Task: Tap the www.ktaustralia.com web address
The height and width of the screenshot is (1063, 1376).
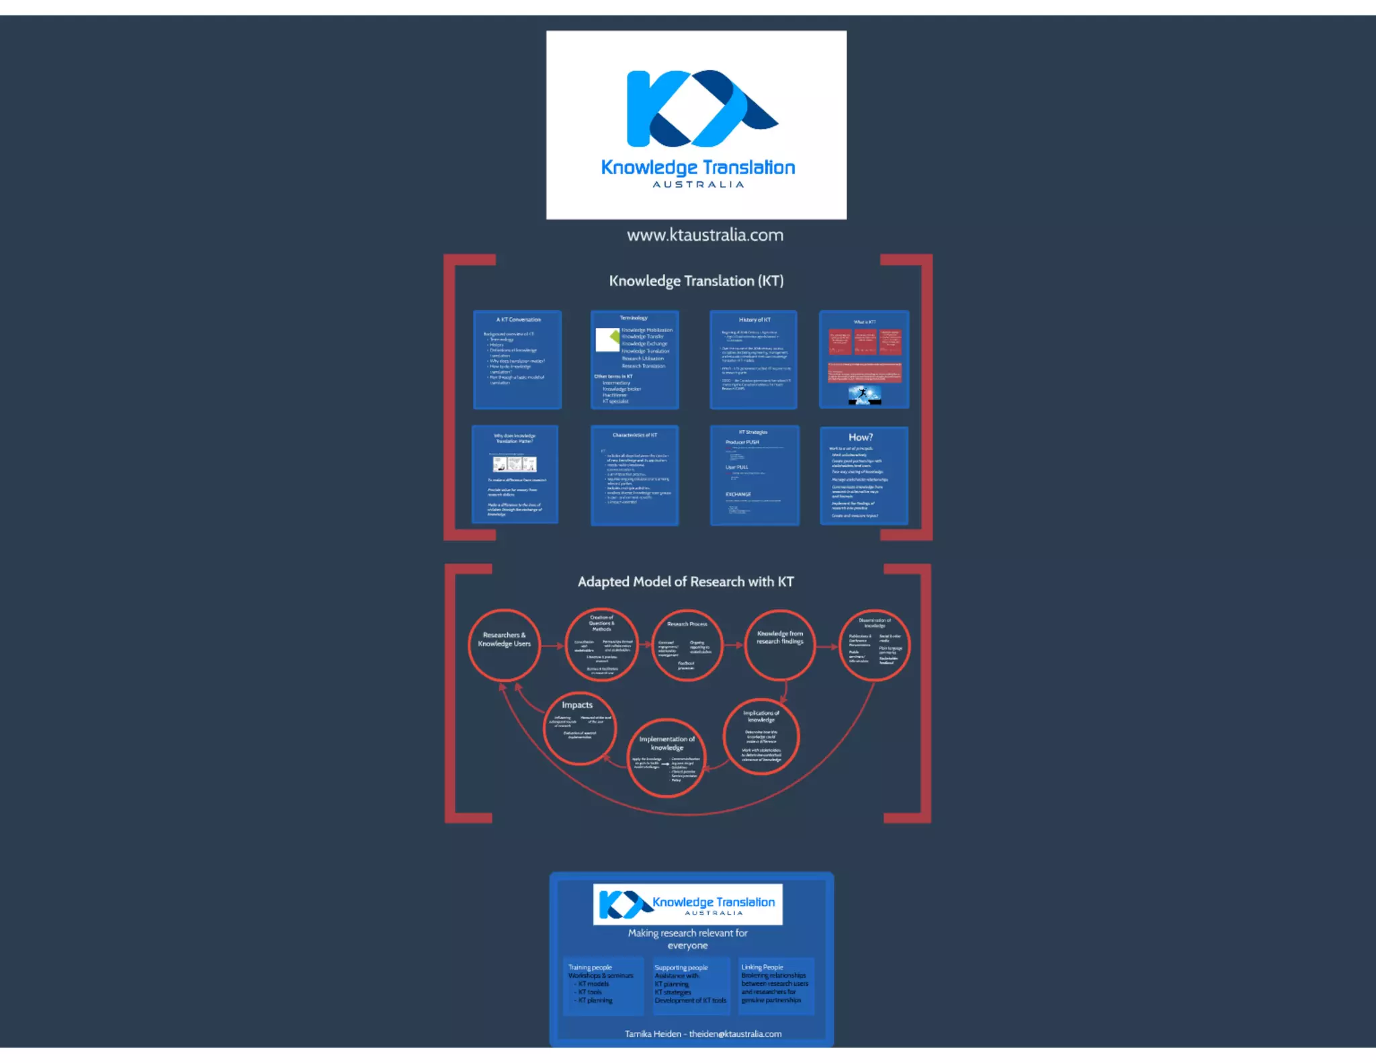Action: click(x=705, y=235)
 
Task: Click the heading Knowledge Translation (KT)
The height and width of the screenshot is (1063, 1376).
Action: click(x=696, y=281)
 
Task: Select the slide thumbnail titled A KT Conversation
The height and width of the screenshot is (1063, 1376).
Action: click(x=517, y=359)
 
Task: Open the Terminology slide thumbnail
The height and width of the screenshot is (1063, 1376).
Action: click(x=634, y=359)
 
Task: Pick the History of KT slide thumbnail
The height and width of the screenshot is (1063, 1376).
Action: click(x=753, y=359)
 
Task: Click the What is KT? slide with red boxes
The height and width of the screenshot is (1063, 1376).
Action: click(x=864, y=359)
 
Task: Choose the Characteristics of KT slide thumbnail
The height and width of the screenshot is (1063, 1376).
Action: click(x=634, y=475)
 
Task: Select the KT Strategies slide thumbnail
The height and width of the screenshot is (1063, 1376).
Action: click(x=755, y=475)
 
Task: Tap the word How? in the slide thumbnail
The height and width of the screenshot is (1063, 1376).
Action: click(x=861, y=437)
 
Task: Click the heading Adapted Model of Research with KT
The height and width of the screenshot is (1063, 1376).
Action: click(x=685, y=582)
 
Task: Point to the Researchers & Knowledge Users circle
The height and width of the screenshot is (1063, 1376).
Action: click(x=504, y=645)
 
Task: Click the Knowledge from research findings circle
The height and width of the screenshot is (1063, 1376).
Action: click(x=779, y=645)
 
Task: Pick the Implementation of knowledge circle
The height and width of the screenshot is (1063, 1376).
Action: click(x=666, y=758)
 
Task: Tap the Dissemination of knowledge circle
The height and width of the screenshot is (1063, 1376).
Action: click(x=875, y=645)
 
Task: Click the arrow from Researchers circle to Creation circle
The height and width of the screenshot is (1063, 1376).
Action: click(x=552, y=646)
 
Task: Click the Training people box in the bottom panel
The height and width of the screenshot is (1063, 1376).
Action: click(x=603, y=985)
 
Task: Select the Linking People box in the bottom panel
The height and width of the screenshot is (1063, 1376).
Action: click(x=776, y=985)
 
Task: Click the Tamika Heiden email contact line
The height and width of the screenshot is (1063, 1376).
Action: click(x=703, y=1033)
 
